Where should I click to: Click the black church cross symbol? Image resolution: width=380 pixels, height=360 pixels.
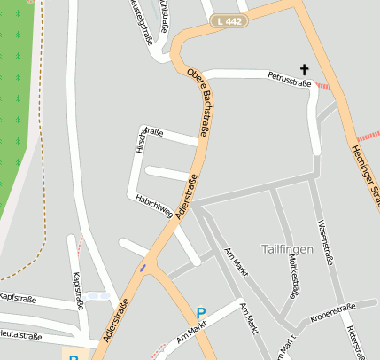pos(306,69)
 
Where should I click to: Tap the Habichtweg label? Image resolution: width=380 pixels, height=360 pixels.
pos(153,205)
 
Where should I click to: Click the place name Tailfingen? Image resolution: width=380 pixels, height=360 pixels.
pos(288,249)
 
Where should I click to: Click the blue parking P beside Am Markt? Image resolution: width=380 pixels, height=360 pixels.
pos(201,313)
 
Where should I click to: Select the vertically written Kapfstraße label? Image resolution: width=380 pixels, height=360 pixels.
pos(77,289)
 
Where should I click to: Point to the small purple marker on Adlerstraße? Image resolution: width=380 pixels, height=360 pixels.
pos(143,267)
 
